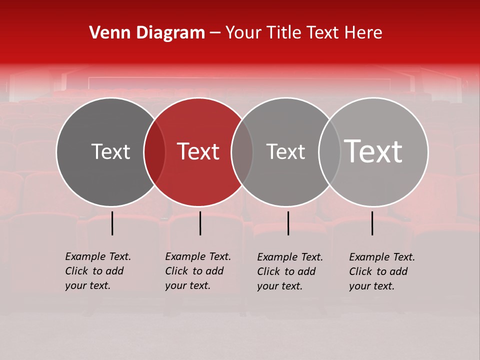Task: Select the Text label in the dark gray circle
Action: (110, 151)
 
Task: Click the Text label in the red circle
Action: (198, 151)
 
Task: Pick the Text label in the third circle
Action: (285, 151)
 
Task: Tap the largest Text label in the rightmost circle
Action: (373, 151)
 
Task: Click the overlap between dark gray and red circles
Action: (154, 151)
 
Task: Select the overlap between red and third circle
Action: (242, 151)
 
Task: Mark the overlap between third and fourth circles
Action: (329, 151)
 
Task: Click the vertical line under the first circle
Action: (112, 223)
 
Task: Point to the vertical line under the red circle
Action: (200, 223)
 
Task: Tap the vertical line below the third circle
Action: (288, 223)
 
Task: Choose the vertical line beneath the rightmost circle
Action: (372, 223)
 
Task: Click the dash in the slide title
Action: (215, 33)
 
